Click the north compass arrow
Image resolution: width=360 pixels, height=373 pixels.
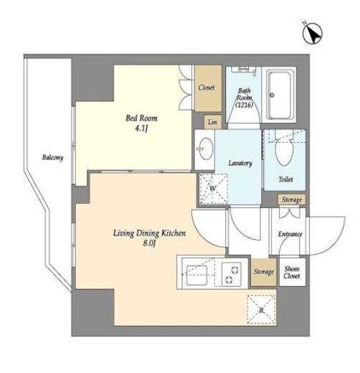[313, 33]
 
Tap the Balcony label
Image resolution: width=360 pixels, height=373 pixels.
[53, 158]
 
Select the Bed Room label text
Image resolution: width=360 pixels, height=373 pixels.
[141, 118]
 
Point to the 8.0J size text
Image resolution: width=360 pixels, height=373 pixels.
[149, 243]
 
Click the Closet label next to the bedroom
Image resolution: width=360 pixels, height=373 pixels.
[206, 88]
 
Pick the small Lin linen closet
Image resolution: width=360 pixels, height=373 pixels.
[212, 122]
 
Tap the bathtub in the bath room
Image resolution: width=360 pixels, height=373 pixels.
[280, 95]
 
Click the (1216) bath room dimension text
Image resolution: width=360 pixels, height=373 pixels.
[244, 105]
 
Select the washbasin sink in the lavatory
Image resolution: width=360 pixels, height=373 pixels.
[205, 148]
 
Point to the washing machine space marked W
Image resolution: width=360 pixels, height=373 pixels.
[213, 189]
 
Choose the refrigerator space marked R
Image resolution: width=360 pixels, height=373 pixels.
[262, 309]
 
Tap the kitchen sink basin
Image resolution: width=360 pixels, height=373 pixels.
[196, 275]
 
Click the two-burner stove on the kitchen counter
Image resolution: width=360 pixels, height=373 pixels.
[232, 274]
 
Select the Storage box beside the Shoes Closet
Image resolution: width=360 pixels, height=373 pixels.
[264, 272]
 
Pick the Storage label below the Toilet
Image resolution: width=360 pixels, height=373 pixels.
[292, 199]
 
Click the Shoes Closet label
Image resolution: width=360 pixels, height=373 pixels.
[292, 273]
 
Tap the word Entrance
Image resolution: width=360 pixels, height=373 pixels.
[290, 234]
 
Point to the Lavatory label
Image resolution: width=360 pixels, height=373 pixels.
[240, 164]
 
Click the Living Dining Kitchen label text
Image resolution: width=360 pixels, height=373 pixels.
[149, 233]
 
